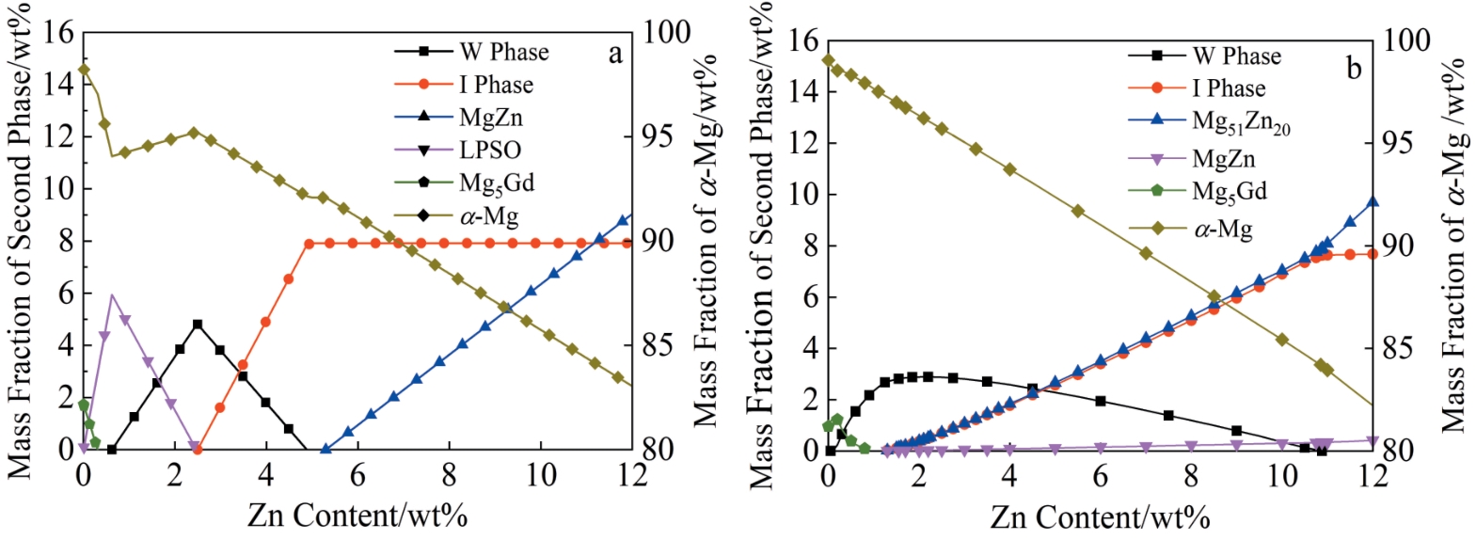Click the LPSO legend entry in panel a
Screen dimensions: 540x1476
coord(489,151)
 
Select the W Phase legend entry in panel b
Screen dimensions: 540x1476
coord(1236,56)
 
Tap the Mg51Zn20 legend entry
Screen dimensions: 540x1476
coord(1240,122)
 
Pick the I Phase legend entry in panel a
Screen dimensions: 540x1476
coord(496,85)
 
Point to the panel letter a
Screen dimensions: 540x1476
coord(615,54)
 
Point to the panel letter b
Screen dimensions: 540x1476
coord(1354,68)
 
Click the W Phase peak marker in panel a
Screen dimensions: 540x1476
coord(198,325)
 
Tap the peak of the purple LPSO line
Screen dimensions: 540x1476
coord(112,294)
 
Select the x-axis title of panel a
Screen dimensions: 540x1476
coord(357,516)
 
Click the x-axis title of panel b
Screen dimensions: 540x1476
coord(1100,516)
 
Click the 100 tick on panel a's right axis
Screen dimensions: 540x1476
coord(667,32)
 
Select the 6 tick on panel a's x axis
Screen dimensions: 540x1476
coord(357,474)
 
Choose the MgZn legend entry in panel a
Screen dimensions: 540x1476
coord(490,118)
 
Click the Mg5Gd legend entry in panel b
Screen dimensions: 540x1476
coord(1229,192)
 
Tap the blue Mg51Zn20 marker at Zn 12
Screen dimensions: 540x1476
coord(1373,202)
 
